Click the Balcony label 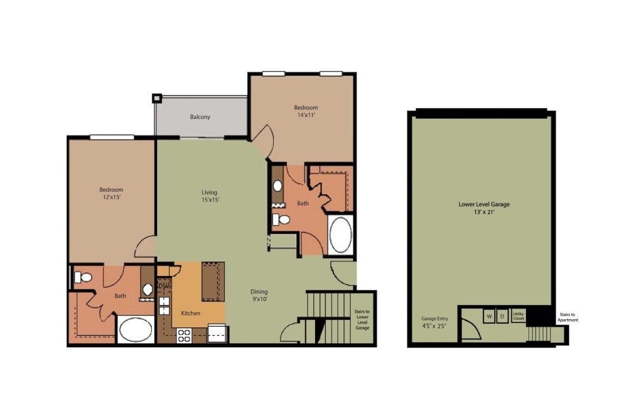200,117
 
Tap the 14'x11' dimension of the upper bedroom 306,116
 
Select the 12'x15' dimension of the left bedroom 111,198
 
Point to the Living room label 210,192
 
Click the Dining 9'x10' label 259,295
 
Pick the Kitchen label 191,313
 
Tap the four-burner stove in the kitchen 184,335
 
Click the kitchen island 213,281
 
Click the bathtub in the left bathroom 136,330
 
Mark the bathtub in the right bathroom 341,235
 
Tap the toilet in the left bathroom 83,277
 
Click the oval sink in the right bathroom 278,186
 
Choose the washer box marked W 489,316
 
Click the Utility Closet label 518,316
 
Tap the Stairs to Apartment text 567,317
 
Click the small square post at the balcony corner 157,98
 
